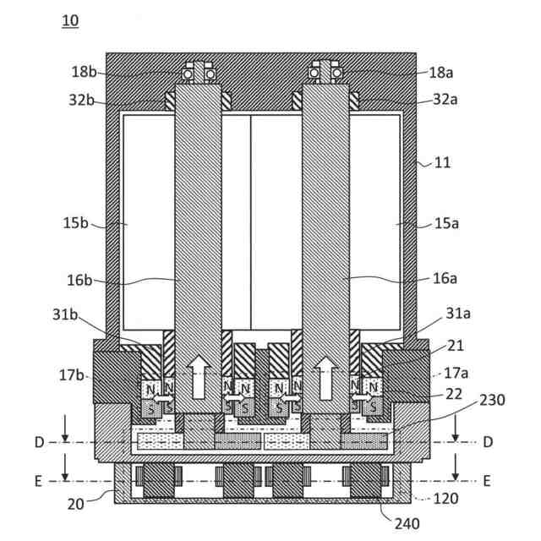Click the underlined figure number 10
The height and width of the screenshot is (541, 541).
point(70,20)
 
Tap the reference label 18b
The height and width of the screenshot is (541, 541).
point(84,72)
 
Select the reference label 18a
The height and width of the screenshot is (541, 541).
point(441,73)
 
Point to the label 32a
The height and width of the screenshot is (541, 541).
point(445,100)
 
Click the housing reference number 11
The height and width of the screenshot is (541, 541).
point(442,163)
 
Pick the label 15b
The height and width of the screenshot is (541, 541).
point(75,223)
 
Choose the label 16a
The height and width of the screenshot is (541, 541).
point(445,278)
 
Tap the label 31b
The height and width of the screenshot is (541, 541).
point(65,314)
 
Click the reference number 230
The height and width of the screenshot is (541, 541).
point(492,400)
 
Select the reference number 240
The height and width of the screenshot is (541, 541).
point(407,524)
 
